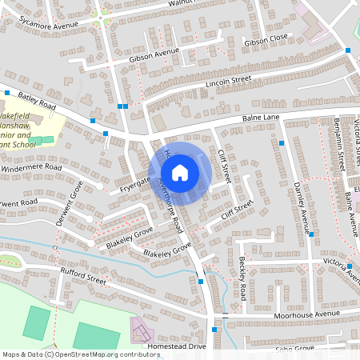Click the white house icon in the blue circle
click(x=180, y=172)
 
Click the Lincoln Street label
click(x=228, y=82)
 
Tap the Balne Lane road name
click(x=261, y=119)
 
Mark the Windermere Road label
click(x=31, y=168)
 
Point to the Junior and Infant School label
click(x=18, y=138)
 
